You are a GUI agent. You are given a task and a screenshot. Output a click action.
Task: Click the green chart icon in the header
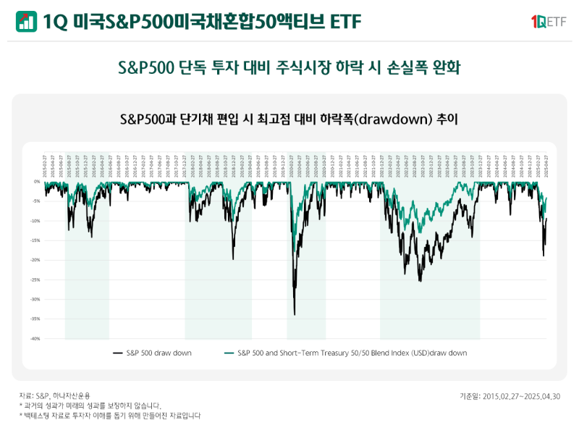tap(27, 21)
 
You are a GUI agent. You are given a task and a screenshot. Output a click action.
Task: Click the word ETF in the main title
tap(345, 22)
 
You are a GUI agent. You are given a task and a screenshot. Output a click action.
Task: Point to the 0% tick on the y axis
tap(37, 182)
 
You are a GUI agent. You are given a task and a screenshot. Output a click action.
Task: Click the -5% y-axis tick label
tap(36, 201)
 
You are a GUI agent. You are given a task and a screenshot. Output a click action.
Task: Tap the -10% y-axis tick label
tap(35, 221)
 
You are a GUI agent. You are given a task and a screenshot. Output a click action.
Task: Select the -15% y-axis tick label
tap(35, 240)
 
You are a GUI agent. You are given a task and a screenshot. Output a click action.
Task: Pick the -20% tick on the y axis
tap(35, 260)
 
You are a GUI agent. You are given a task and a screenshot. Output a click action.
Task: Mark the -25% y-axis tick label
tap(35, 279)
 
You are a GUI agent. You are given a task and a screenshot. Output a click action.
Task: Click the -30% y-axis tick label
tap(35, 299)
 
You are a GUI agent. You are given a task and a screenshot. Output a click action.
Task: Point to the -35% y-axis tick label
tap(35, 319)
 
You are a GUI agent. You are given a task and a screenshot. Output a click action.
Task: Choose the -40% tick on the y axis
tap(35, 338)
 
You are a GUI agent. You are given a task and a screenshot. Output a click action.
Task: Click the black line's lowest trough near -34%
tap(295, 314)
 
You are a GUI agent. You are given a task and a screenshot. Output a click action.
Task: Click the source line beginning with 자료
tap(55, 396)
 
